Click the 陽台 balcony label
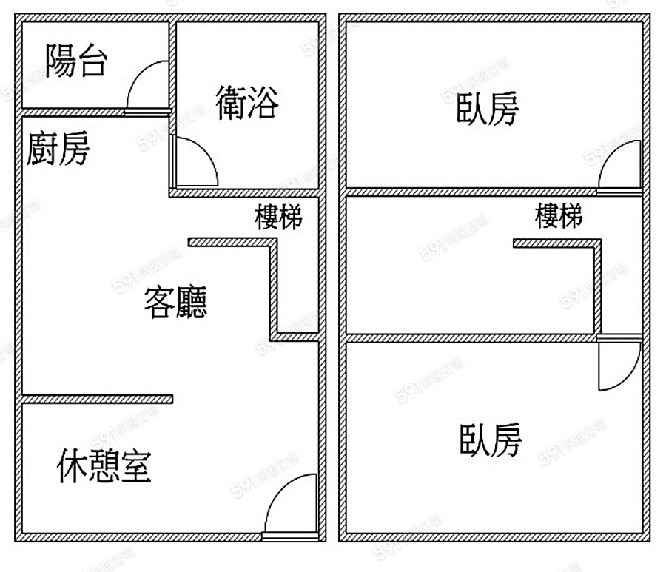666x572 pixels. pyautogui.click(x=75, y=61)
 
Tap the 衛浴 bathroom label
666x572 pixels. pyautogui.click(x=247, y=102)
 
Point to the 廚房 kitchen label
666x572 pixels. pyautogui.click(x=58, y=148)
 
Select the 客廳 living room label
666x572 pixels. pyautogui.click(x=175, y=302)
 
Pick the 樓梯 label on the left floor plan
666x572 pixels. pyautogui.click(x=278, y=218)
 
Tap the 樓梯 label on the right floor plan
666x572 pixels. pyautogui.click(x=559, y=216)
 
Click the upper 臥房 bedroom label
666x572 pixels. pyautogui.click(x=488, y=109)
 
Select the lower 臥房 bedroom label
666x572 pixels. pyautogui.click(x=491, y=440)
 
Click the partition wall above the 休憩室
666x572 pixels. pyautogui.click(x=97, y=400)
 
